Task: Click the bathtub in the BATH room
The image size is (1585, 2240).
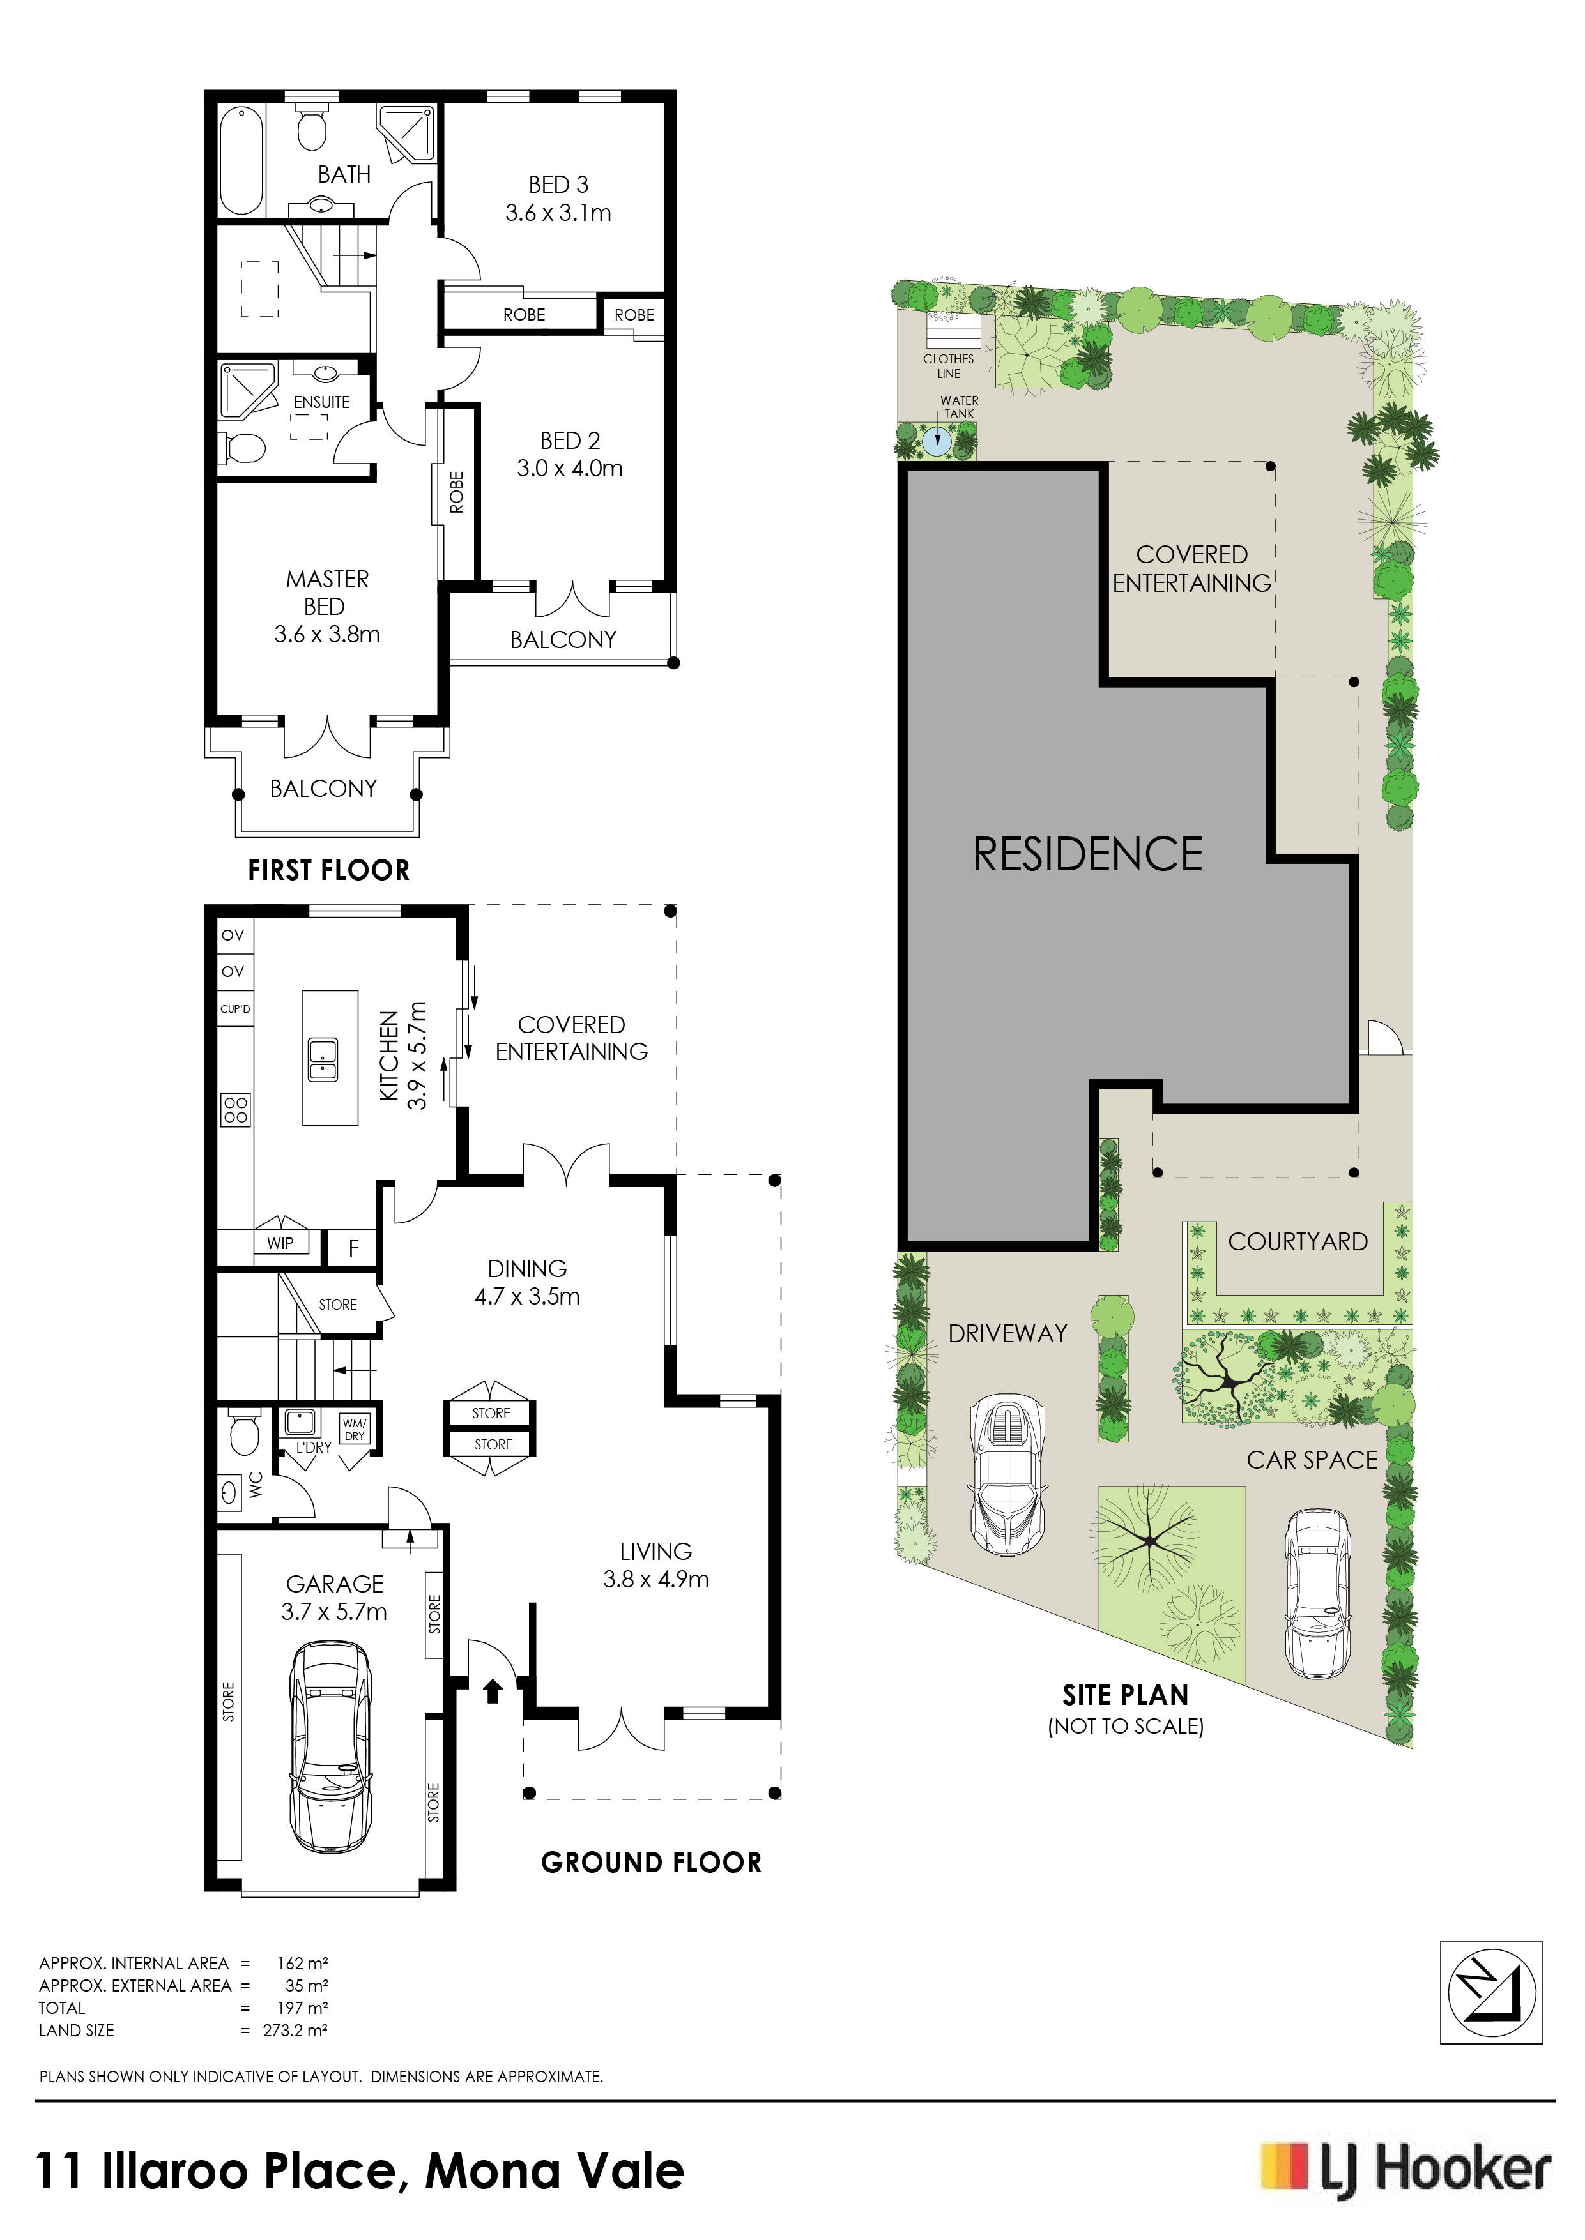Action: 241,160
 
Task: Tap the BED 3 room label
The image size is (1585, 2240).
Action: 558,185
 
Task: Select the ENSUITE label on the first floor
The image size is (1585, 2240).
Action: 322,402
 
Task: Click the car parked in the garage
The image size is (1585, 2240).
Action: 331,1748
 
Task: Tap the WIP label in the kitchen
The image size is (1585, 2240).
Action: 280,1243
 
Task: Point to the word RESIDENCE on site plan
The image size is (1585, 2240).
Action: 1087,854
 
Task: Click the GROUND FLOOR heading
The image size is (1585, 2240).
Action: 651,1863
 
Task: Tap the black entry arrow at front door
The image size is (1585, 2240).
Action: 493,1690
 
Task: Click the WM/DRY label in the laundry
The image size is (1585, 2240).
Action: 355,1429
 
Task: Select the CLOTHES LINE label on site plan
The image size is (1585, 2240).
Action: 949,366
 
